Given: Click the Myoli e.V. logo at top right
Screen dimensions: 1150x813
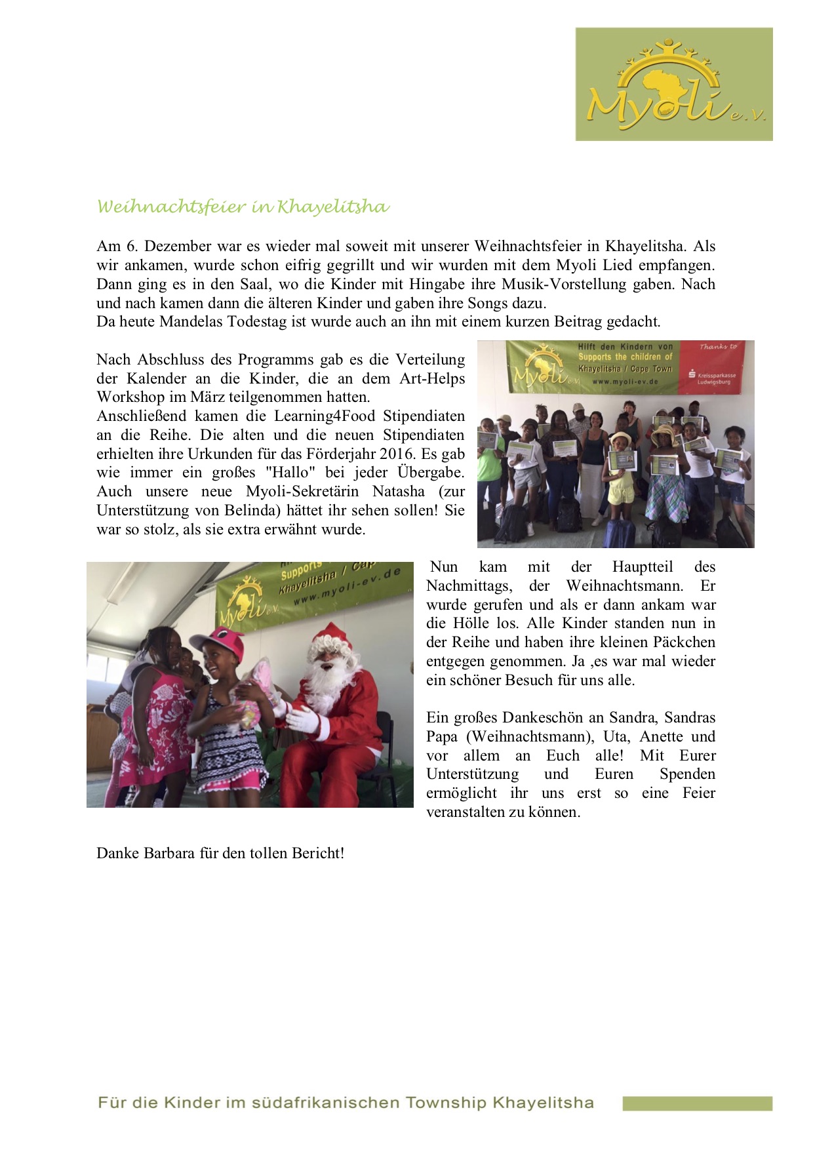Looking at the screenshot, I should tap(674, 84).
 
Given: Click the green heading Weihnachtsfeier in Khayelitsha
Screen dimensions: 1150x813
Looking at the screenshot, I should tap(243, 207).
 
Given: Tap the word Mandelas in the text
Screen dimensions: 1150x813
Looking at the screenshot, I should tap(191, 322).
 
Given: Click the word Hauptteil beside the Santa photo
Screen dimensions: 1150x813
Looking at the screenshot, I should tap(643, 567).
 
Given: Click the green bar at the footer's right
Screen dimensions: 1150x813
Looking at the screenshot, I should tap(697, 1103).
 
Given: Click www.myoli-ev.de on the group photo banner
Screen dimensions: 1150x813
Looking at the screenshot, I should tap(625, 381).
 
